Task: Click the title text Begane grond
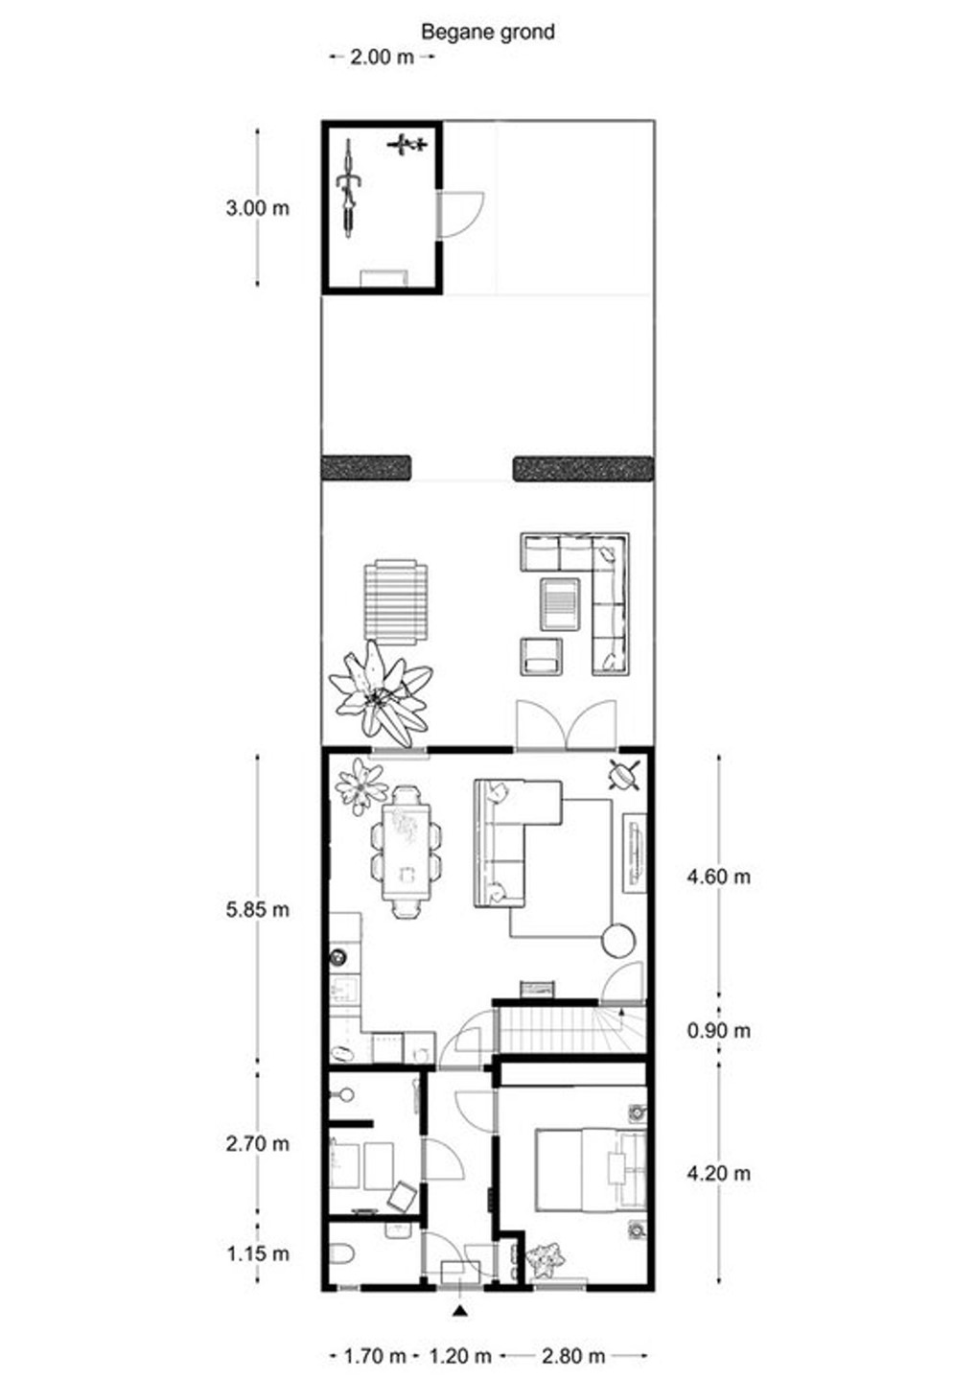point(487,32)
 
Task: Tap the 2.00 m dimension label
point(382,57)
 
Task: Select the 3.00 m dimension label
point(257,207)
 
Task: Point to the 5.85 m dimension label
point(257,909)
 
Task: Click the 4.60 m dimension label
point(719,876)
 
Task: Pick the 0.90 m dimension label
point(719,1031)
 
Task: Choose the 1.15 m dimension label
point(257,1253)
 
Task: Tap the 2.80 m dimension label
point(573,1356)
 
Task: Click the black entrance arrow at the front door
point(461,1309)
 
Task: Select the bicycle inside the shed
point(349,187)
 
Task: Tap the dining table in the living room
point(407,852)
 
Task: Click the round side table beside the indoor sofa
point(618,940)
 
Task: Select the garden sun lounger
point(395,602)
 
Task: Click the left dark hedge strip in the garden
point(366,468)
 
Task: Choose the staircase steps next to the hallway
point(546,1030)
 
